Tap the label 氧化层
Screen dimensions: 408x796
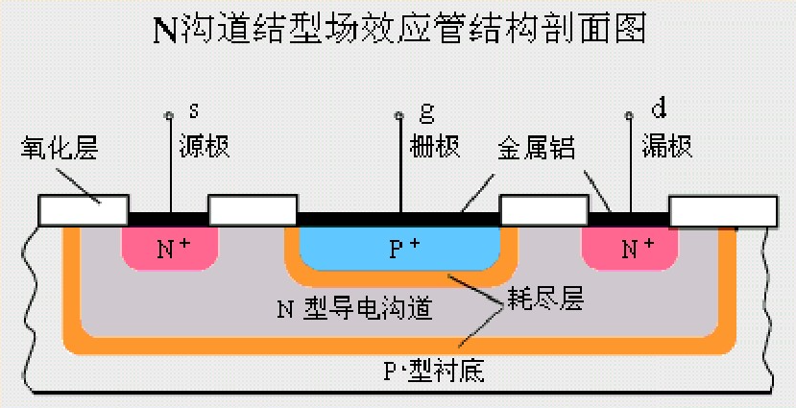coord(60,148)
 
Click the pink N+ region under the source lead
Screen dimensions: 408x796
coord(170,248)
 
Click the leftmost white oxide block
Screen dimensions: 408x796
coord(83,210)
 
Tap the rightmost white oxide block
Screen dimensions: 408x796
coord(722,211)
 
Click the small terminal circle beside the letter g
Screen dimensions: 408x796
coord(398,117)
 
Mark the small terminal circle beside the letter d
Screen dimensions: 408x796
coord(630,117)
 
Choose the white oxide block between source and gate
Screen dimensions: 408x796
coord(252,210)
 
